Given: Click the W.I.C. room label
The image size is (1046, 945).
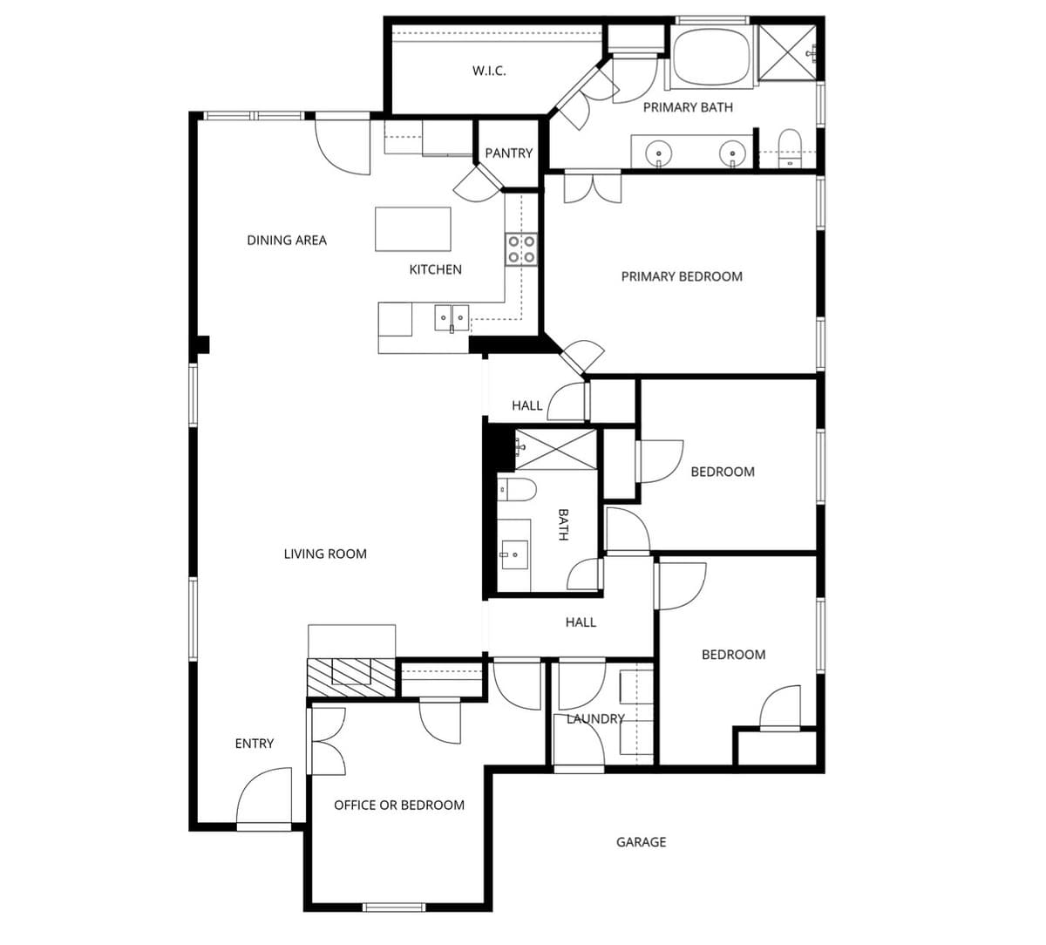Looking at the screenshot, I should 489,71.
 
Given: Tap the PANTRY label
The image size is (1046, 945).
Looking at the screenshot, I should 508,153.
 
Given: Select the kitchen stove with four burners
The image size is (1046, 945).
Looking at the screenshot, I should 521,249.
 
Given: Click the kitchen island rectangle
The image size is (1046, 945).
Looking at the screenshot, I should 413,228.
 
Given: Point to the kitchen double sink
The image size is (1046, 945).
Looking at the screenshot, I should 452,317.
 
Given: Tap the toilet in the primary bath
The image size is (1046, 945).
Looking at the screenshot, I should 790,148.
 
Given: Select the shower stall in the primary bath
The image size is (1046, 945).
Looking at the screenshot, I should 787,53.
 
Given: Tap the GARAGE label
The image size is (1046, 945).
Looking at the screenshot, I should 641,842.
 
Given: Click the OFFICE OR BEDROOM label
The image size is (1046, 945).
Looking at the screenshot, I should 399,805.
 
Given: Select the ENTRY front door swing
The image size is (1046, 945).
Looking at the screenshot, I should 265,796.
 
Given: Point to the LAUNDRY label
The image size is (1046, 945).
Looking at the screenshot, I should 595,719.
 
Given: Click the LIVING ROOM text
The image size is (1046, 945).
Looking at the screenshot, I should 325,554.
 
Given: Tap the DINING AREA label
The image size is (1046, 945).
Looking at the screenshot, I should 287,240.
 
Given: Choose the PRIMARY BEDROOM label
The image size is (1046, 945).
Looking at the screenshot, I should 682,276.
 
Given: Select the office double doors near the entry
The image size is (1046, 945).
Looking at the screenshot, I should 328,741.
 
